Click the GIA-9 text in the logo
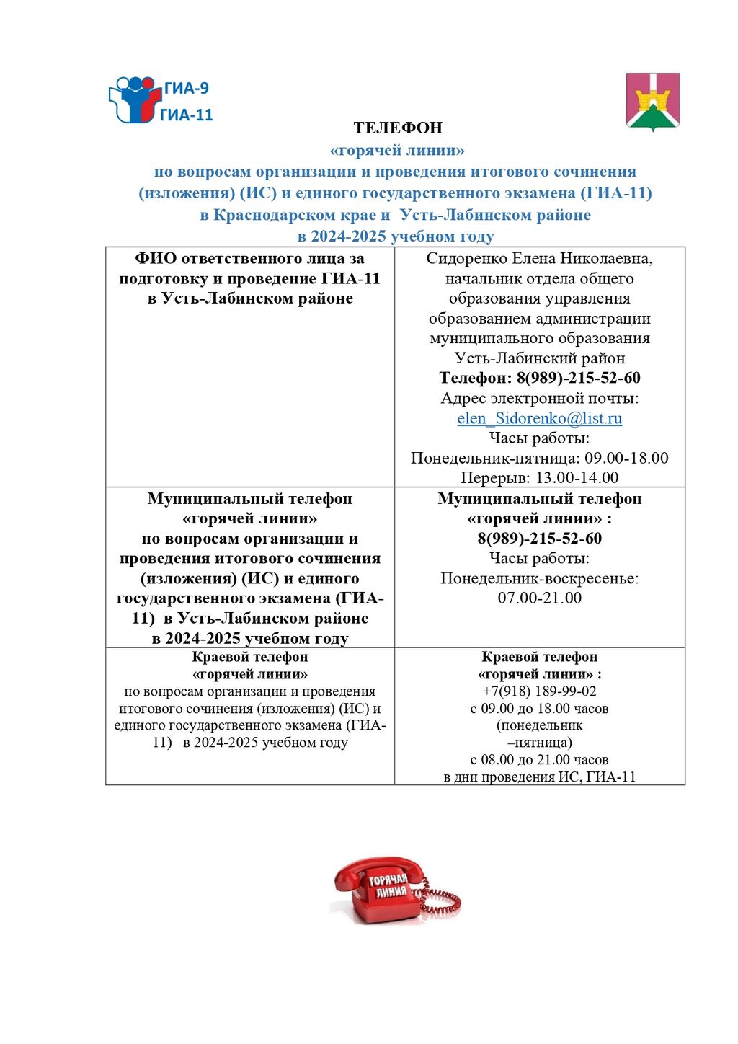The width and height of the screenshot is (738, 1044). (x=186, y=89)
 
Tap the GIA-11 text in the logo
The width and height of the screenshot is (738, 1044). (x=186, y=115)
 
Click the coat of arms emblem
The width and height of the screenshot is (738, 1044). (x=652, y=101)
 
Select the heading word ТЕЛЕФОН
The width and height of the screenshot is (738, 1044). (x=398, y=128)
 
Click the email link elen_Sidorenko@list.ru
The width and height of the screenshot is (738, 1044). (x=539, y=418)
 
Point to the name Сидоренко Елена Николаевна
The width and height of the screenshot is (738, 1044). (x=539, y=258)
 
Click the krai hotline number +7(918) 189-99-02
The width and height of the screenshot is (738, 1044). (x=539, y=691)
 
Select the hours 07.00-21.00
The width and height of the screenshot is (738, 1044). (x=539, y=598)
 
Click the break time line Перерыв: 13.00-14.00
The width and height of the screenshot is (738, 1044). (x=539, y=477)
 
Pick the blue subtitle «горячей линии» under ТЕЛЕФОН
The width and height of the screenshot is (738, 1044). (x=397, y=150)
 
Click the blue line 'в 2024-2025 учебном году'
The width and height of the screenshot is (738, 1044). (x=396, y=236)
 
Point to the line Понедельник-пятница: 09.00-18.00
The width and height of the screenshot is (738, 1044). (x=539, y=458)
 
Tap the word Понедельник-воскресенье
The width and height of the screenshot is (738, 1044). (x=539, y=578)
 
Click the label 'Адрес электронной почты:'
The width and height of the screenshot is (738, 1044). (x=539, y=398)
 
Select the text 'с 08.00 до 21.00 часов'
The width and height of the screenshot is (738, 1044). (x=539, y=759)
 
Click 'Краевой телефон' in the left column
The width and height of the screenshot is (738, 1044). (x=250, y=657)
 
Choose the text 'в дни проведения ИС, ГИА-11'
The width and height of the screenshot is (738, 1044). (x=539, y=777)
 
